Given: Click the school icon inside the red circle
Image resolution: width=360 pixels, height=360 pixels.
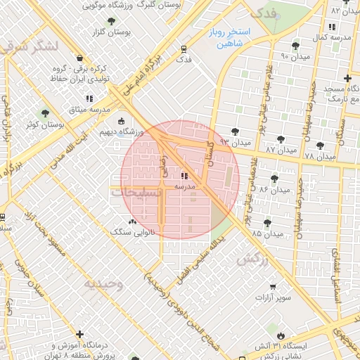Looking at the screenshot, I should pyautogui.click(x=184, y=176).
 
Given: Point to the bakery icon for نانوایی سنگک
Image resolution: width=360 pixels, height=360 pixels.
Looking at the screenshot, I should pyautogui.click(x=134, y=221).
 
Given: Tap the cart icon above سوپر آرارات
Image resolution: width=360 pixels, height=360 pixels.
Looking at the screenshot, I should pyautogui.click(x=273, y=287).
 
